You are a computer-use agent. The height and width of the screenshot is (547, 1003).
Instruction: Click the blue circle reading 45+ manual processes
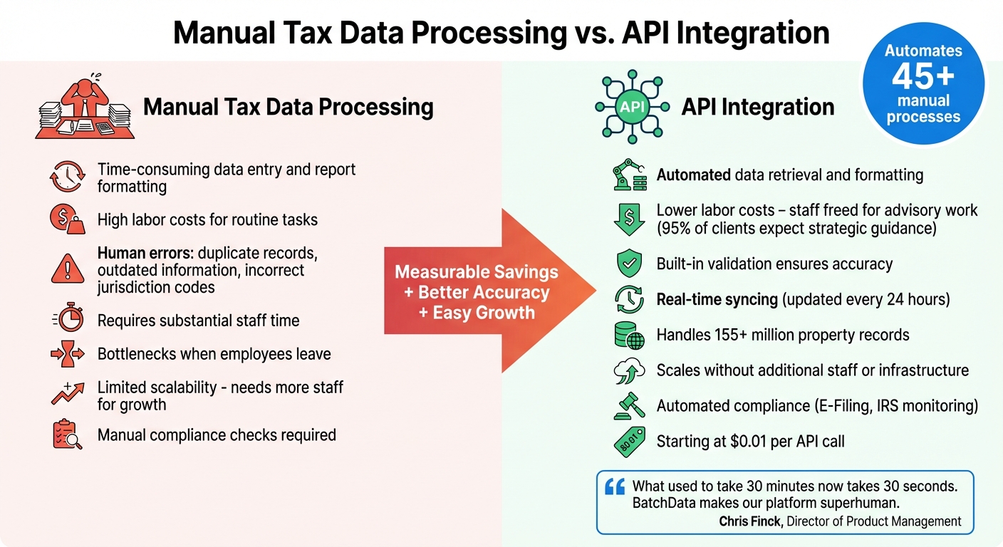(x=923, y=83)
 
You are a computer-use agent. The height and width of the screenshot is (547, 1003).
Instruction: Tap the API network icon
(x=632, y=107)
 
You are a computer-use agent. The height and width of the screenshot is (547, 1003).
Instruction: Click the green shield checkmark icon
(x=629, y=264)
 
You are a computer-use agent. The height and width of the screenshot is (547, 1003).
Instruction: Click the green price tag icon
(x=629, y=441)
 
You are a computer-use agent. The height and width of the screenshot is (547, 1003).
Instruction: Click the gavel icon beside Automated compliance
(x=629, y=405)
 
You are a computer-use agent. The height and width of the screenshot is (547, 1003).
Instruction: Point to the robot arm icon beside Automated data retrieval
(x=629, y=174)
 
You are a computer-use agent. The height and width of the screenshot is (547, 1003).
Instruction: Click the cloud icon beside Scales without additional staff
(x=629, y=370)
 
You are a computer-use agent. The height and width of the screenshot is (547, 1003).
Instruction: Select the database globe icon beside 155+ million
(x=629, y=335)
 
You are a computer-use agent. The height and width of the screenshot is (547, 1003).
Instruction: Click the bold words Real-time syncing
(x=717, y=299)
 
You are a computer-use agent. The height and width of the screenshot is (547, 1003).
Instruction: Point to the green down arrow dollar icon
(x=629, y=219)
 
